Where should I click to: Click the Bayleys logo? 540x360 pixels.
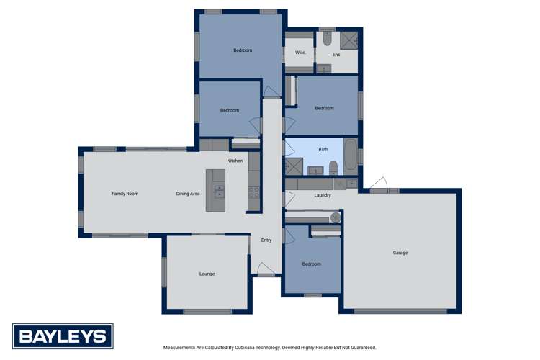(63, 336)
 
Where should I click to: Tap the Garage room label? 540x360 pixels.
(400, 253)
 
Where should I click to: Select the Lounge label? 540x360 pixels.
(207, 274)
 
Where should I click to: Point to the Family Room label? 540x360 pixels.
(125, 194)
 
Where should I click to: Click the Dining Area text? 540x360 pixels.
(188, 194)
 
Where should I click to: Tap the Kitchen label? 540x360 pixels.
(235, 161)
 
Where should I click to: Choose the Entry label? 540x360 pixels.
(266, 240)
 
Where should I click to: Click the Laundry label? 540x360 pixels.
(323, 195)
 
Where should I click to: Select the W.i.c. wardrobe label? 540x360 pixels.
(300, 53)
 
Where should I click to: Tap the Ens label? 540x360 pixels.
(336, 55)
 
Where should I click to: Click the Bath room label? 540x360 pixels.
(323, 149)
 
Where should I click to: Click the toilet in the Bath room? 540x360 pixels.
(333, 168)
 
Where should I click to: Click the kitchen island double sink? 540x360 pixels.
(218, 191)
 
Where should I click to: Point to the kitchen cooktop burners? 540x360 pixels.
(253, 192)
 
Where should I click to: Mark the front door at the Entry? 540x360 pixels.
(266, 274)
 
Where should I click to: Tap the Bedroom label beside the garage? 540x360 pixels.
(311, 264)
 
